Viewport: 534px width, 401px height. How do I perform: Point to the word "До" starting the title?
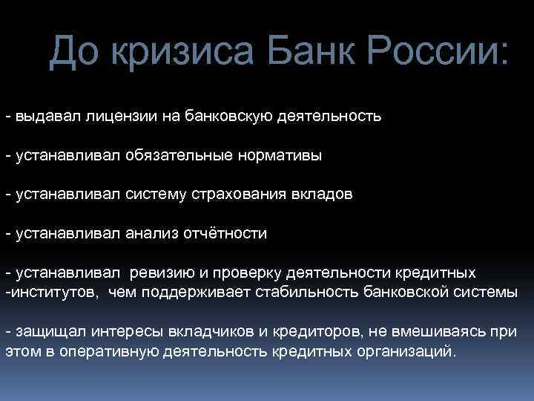pyautogui.click(x=74, y=53)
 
